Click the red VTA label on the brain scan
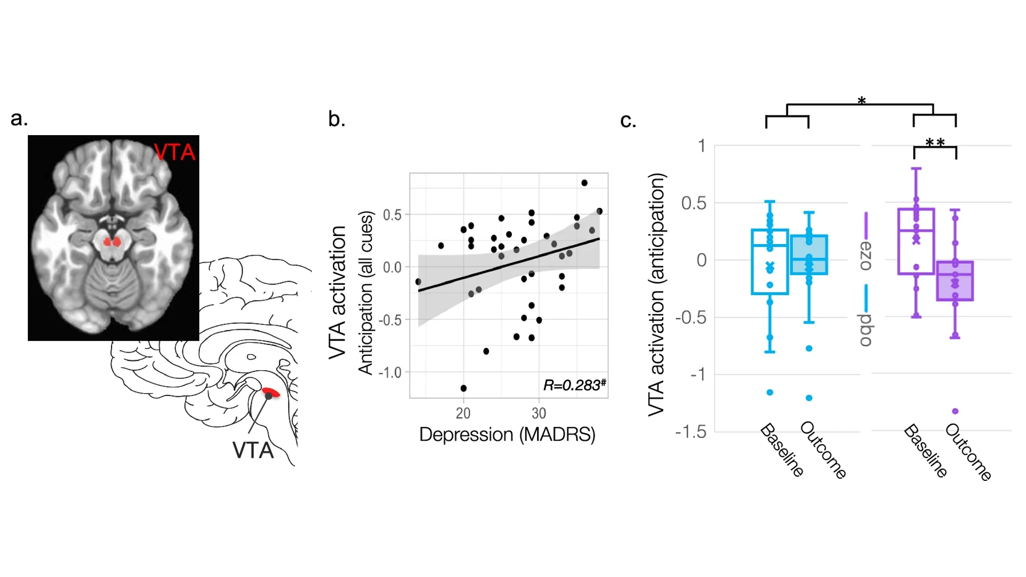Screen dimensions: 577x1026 coord(175,152)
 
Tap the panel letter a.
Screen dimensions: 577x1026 coord(19,119)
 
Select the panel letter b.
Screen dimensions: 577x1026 coord(336,119)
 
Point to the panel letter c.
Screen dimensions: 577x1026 coord(628,121)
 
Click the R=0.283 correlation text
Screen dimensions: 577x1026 coord(574,385)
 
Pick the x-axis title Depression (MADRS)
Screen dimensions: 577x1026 coord(507,434)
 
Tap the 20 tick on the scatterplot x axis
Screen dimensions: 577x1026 coord(463,413)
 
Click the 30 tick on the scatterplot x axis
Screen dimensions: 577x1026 coord(539,413)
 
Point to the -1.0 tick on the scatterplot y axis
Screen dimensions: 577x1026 coord(390,372)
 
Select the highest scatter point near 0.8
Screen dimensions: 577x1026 coord(584,183)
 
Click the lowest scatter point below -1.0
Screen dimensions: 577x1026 coord(463,388)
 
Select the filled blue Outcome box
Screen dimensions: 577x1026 coord(809,255)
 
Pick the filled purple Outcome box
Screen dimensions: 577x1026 coord(955,281)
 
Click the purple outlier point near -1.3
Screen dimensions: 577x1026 coord(955,411)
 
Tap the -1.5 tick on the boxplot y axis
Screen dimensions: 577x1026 coord(691,432)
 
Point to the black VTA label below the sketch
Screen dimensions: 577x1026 coord(253,450)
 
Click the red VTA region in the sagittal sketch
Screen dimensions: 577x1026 coord(271,393)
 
